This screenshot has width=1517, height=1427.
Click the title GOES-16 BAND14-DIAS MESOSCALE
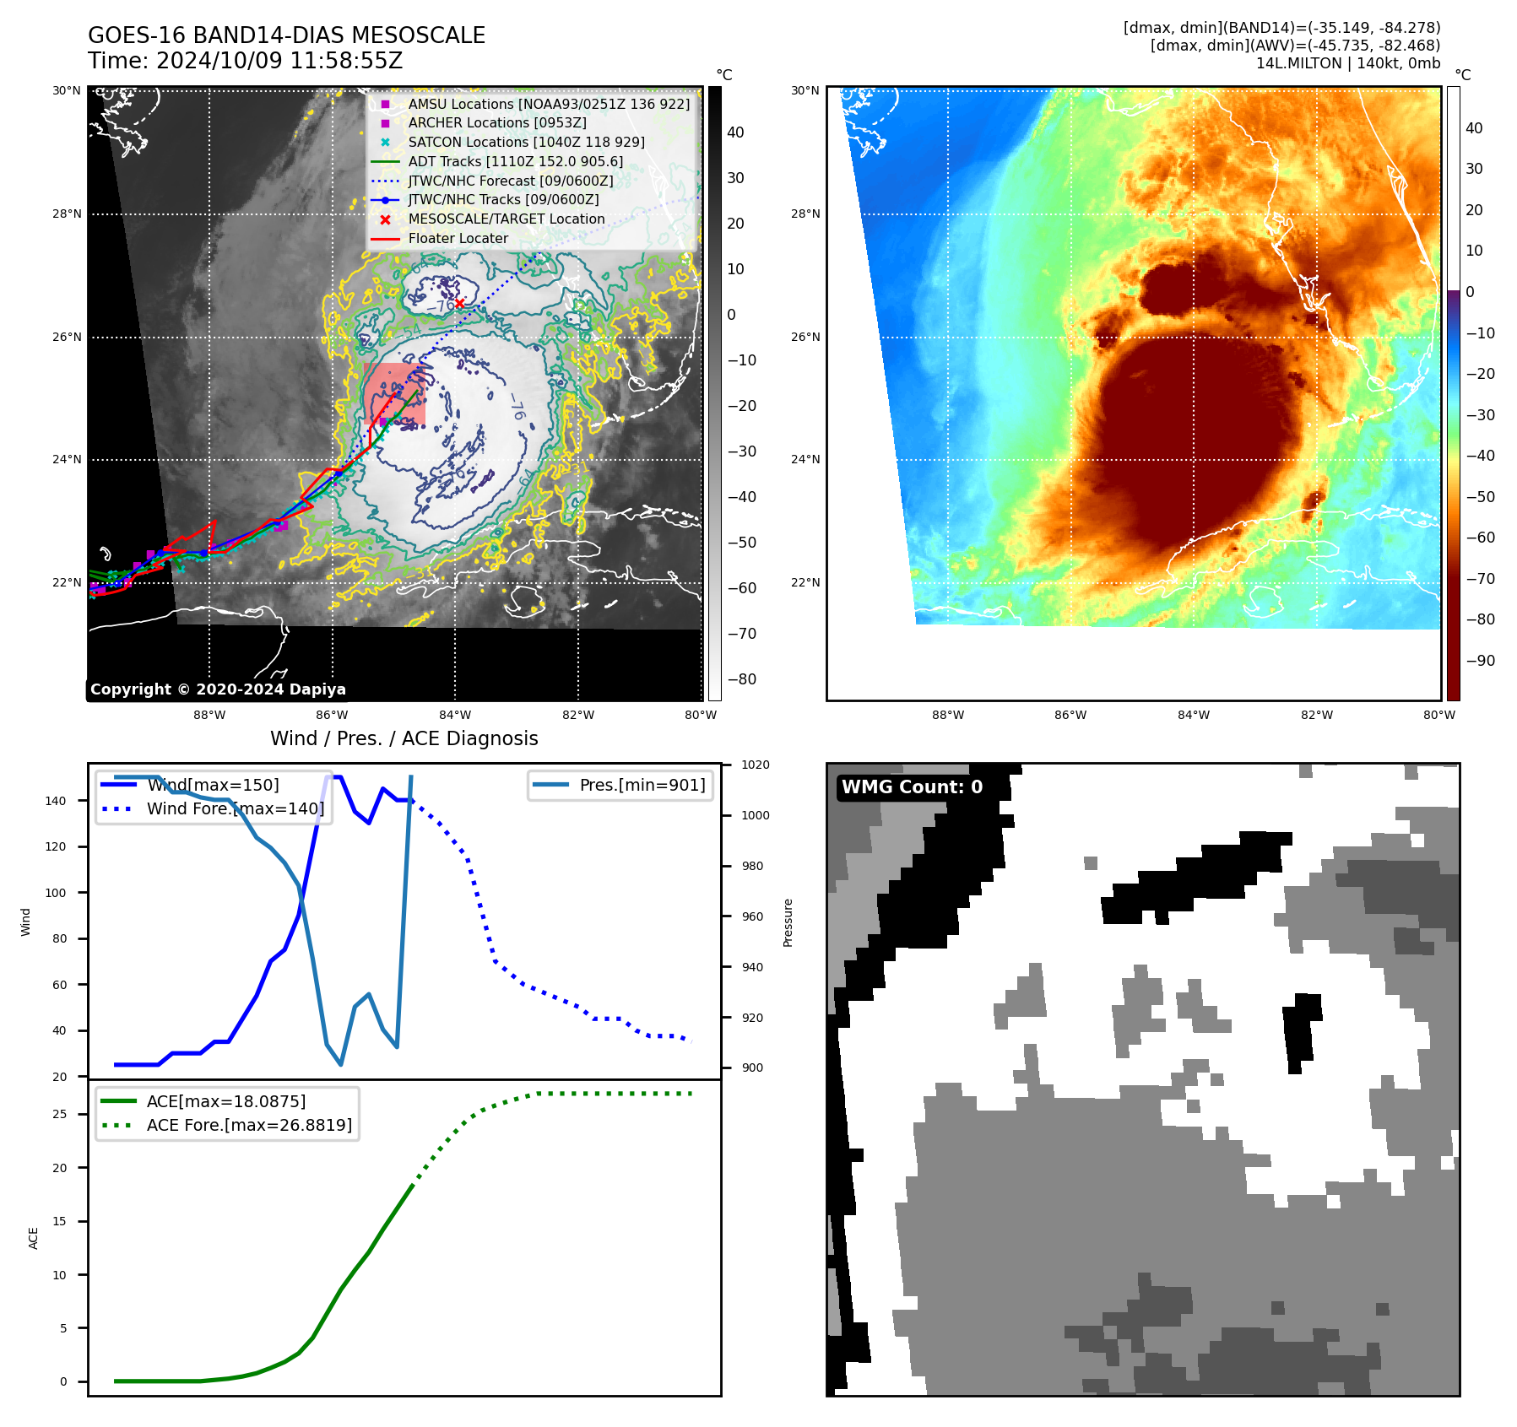[286, 35]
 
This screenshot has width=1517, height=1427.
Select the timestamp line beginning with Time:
[245, 61]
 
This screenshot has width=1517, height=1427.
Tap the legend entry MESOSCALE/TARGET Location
[506, 219]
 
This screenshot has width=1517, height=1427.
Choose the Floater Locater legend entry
[458, 239]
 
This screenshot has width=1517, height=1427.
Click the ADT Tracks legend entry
[515, 162]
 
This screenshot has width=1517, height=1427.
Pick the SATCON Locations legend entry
[526, 143]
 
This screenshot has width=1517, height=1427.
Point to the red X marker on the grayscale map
[459, 303]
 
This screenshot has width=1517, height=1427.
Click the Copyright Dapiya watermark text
[218, 689]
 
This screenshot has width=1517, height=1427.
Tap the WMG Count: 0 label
[912, 787]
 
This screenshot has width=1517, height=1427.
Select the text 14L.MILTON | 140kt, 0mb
[1347, 63]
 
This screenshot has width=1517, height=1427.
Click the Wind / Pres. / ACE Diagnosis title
[404, 738]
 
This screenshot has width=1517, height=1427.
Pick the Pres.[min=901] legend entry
[642, 785]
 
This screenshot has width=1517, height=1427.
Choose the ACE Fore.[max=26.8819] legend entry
[249, 1125]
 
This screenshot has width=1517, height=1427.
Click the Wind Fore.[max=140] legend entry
[235, 808]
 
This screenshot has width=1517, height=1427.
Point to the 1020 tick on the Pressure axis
[755, 765]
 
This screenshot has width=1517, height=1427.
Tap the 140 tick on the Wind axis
[55, 801]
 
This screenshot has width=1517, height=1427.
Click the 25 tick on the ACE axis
[59, 1115]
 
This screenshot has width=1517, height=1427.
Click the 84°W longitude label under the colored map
[1193, 715]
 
